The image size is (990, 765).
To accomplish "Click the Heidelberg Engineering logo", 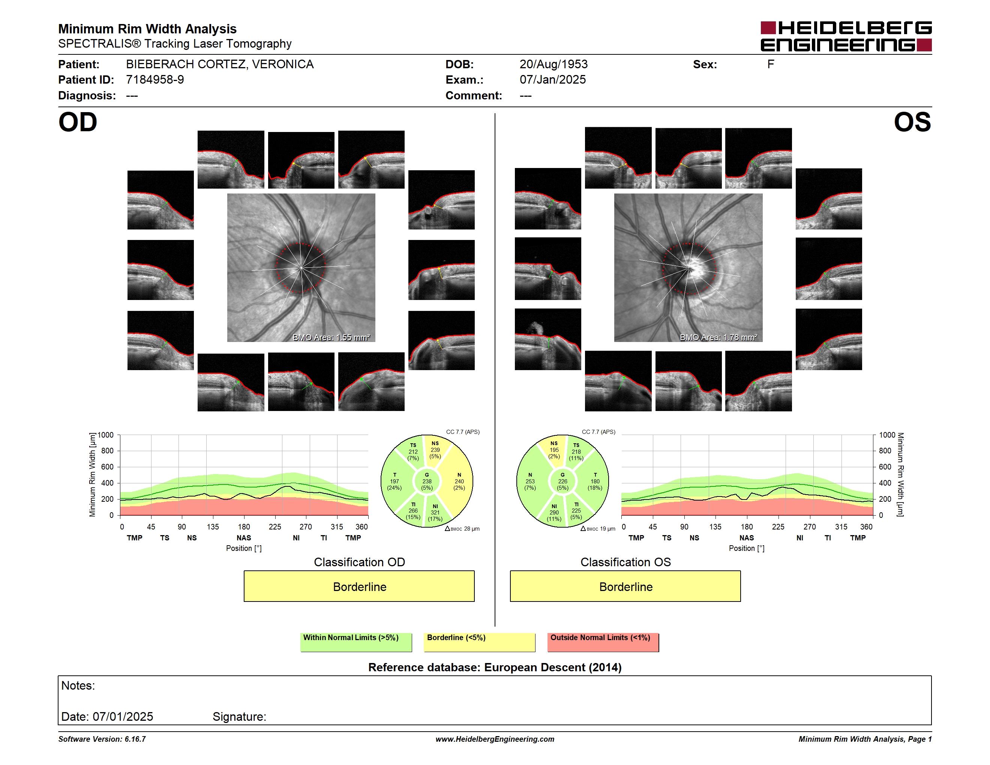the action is (x=846, y=36).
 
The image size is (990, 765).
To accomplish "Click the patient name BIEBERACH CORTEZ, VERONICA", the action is (x=220, y=64).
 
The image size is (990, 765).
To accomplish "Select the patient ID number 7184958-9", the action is (x=155, y=80).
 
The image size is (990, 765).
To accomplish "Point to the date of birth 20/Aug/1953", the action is (x=553, y=64).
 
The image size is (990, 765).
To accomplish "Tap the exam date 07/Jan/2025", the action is (x=553, y=80).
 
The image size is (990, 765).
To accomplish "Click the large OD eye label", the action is (x=78, y=122).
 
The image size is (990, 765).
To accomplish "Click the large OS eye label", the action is (x=912, y=122).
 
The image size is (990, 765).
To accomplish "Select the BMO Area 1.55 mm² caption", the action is (x=331, y=337).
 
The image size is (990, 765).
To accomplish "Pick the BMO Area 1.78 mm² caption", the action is (x=718, y=337).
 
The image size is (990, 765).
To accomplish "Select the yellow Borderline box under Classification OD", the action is (x=359, y=586).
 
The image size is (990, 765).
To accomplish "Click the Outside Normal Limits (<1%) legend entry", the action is (x=603, y=642).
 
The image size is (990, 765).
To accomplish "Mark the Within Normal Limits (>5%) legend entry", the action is (x=356, y=642).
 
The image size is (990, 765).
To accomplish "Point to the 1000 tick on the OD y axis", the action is (x=106, y=435).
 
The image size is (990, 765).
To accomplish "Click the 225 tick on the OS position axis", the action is (x=778, y=526).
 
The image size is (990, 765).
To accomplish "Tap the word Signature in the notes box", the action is (x=239, y=717).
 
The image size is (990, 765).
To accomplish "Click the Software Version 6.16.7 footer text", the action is (x=102, y=739).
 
